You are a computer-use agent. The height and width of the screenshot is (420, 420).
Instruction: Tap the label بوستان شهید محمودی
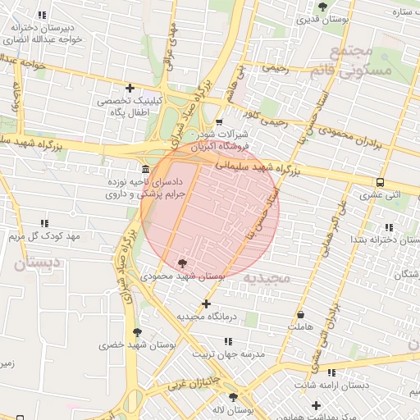tap(182, 277)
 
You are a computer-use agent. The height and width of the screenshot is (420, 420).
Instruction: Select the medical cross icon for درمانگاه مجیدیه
tap(206, 304)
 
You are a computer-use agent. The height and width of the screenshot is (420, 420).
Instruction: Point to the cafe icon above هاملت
tap(301, 314)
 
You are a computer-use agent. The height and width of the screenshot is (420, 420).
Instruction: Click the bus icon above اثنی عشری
tap(380, 182)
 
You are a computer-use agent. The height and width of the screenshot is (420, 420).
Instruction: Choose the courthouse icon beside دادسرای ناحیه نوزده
tap(145, 169)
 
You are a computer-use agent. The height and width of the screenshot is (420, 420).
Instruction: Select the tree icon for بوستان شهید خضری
tap(137, 332)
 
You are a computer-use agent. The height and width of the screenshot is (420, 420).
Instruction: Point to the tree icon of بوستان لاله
tap(232, 396)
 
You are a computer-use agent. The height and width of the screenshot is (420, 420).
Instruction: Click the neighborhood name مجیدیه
tap(267, 278)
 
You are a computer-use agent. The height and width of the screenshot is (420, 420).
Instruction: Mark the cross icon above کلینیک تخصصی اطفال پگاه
tap(130, 88)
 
